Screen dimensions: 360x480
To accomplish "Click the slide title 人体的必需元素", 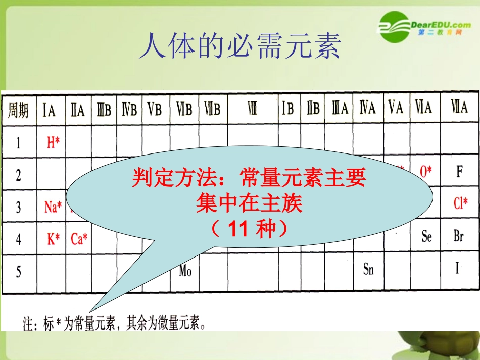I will click(x=239, y=46).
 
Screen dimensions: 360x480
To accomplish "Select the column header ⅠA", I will click(x=49, y=109).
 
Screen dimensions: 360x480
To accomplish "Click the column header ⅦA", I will click(x=459, y=108).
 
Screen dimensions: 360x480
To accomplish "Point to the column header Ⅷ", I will click(x=252, y=109).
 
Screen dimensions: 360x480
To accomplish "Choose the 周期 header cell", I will click(x=18, y=110).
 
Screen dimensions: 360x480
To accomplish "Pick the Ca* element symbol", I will click(x=79, y=239).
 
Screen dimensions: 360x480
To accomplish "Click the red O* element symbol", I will click(x=426, y=171).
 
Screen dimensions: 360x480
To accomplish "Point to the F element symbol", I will click(x=459, y=172).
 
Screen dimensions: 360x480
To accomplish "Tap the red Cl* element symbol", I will click(x=460, y=203).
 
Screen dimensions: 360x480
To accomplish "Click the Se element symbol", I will click(x=427, y=236).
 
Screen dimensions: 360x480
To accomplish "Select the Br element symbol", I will click(x=459, y=236).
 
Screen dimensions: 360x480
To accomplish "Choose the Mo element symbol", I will click(x=185, y=271).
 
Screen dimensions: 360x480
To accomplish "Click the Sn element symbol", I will click(x=368, y=269).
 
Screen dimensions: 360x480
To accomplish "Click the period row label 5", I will click(x=19, y=272).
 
